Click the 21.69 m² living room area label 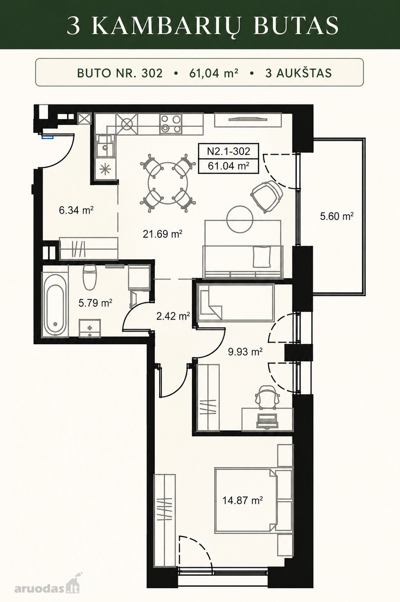tap(163, 234)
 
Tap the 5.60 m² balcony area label tap(337, 216)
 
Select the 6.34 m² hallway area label tap(76, 210)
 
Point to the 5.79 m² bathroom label tap(95, 304)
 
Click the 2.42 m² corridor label tap(173, 316)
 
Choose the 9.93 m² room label tap(245, 351)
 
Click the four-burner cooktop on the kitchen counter tap(170, 124)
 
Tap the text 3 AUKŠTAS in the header tap(298, 73)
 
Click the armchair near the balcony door tap(267, 197)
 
